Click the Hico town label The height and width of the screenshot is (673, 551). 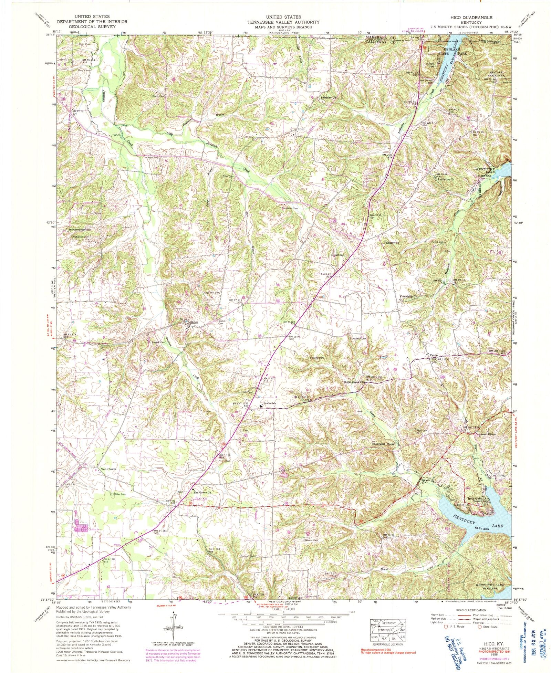click(301, 129)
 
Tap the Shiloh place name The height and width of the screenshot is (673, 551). click(194, 323)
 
